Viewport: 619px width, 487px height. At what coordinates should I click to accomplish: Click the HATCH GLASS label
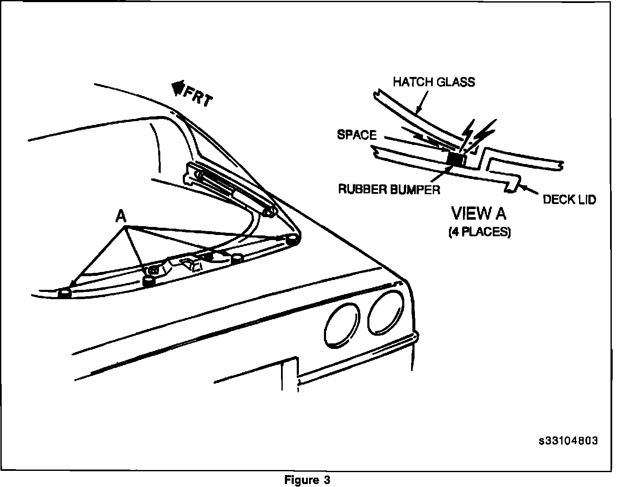pos(434,82)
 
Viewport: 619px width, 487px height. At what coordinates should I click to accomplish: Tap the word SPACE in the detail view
pos(357,135)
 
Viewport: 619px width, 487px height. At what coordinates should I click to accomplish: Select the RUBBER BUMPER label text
pos(389,189)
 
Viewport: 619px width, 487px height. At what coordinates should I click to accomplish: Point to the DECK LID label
pos(569,199)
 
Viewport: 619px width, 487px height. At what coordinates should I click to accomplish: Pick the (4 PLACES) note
pos(480,232)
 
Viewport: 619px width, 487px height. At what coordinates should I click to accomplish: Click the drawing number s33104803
pos(568,441)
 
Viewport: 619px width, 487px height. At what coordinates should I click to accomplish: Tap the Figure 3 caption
pos(307,480)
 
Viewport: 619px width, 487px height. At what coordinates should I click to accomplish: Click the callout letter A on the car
pos(121,217)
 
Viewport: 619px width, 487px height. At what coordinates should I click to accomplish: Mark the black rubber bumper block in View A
pos(456,159)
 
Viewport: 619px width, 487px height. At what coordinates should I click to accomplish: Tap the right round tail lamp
pos(386,312)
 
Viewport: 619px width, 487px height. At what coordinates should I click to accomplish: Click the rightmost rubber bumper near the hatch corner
pos(292,240)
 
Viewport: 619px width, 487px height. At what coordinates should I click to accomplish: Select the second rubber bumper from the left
pos(148,280)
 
